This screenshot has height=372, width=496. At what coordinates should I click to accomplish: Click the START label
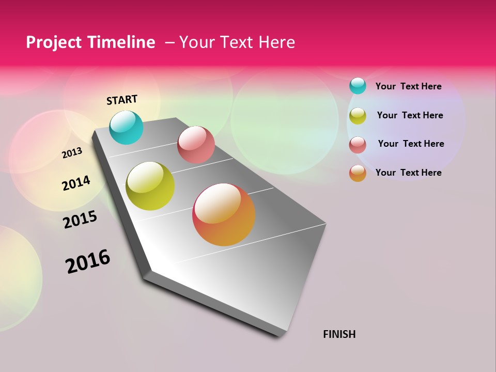click(x=122, y=100)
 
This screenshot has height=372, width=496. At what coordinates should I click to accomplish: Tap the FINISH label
click(x=339, y=334)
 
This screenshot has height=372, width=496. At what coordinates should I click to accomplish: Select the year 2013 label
click(x=72, y=153)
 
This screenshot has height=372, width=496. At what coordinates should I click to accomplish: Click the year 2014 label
click(x=76, y=183)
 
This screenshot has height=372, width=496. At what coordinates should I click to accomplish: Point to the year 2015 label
click(x=80, y=220)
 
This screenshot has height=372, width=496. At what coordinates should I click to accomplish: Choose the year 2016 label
click(x=88, y=261)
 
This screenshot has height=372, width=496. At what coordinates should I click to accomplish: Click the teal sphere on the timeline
click(x=126, y=127)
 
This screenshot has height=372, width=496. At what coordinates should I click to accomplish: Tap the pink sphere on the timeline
click(x=196, y=145)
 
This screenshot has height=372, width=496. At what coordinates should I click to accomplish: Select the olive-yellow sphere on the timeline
click(x=150, y=186)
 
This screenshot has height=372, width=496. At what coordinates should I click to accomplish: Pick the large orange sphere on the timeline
click(x=224, y=214)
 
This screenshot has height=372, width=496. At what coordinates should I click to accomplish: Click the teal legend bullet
click(x=358, y=86)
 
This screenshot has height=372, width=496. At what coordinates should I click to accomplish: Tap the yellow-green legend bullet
click(x=358, y=115)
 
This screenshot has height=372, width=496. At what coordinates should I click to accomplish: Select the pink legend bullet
click(x=358, y=144)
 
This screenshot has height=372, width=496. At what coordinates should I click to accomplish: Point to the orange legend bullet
click(x=358, y=173)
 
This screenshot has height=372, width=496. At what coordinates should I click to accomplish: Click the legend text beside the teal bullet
click(x=408, y=86)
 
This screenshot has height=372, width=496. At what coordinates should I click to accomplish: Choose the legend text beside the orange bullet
click(x=408, y=173)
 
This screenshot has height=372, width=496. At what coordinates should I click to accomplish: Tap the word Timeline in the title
click(x=121, y=42)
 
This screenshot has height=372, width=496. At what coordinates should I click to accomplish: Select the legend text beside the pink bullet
click(x=411, y=144)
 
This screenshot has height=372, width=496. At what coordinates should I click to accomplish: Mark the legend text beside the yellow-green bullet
click(x=410, y=115)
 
